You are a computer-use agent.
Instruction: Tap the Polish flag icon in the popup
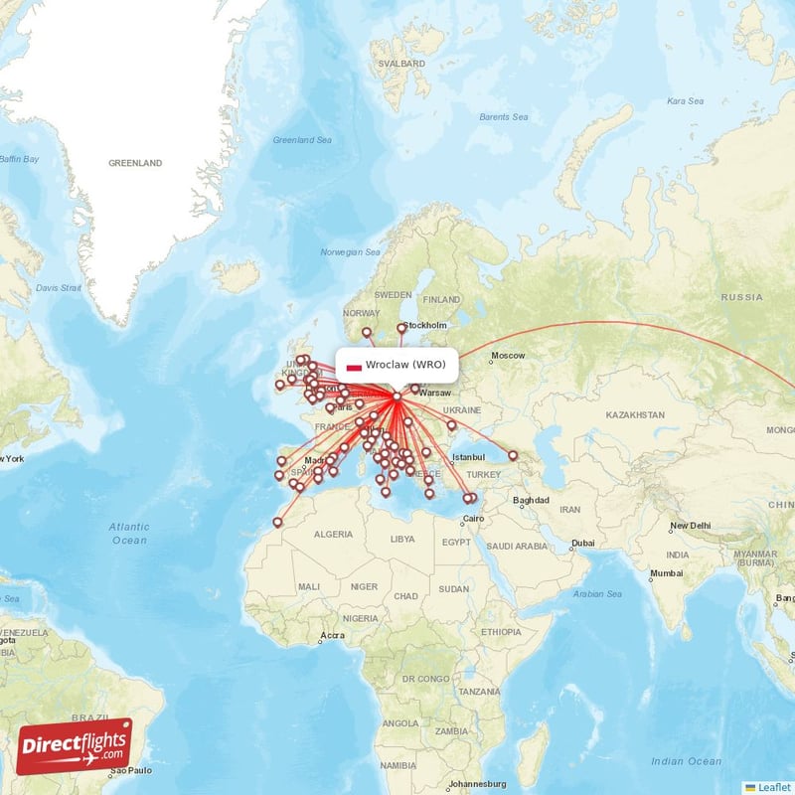coord(354,366)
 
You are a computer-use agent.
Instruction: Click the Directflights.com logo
coord(74,746)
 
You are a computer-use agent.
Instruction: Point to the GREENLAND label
coord(135,162)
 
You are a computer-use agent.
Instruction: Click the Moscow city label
coord(508,356)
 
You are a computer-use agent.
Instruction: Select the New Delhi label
coord(691,526)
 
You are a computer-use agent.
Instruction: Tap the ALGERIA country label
coord(333,534)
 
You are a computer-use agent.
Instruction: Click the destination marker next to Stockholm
coord(402,328)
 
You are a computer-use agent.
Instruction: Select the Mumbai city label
coord(667,573)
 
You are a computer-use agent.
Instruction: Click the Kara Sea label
coord(685,100)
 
